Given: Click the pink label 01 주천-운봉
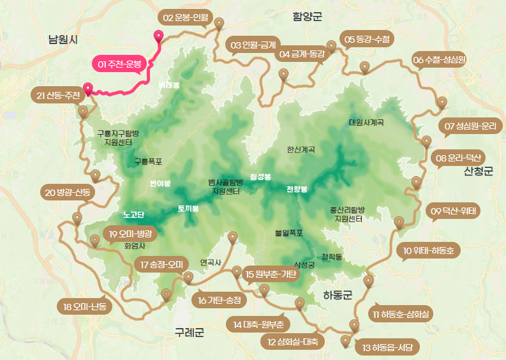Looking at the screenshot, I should [x=119, y=64].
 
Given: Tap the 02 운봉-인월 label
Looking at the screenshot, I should [x=186, y=17].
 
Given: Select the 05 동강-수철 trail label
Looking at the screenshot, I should [x=367, y=40].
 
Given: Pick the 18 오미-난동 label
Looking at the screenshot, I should [x=85, y=306].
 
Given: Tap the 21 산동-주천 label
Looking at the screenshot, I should [x=58, y=96].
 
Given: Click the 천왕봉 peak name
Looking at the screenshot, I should [x=297, y=190].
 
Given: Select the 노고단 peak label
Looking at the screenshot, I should [x=134, y=214].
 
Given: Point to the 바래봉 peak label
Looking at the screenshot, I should [x=169, y=84].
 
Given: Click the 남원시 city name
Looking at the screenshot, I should [x=63, y=40].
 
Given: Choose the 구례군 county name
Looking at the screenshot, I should [x=190, y=332].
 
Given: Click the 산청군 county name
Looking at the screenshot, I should [x=479, y=172].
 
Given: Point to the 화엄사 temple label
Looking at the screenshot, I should [x=135, y=245].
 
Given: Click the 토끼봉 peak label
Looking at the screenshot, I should [x=188, y=209].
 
